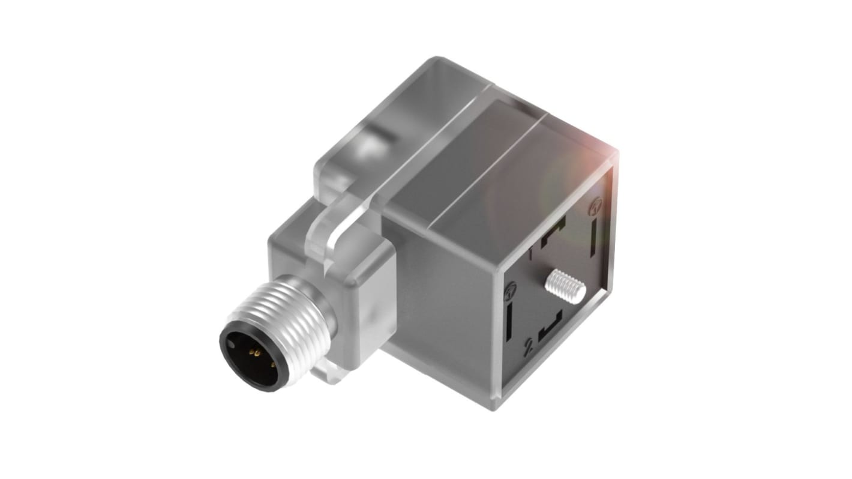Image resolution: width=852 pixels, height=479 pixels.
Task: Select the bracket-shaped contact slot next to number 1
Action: pos(554,232)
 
